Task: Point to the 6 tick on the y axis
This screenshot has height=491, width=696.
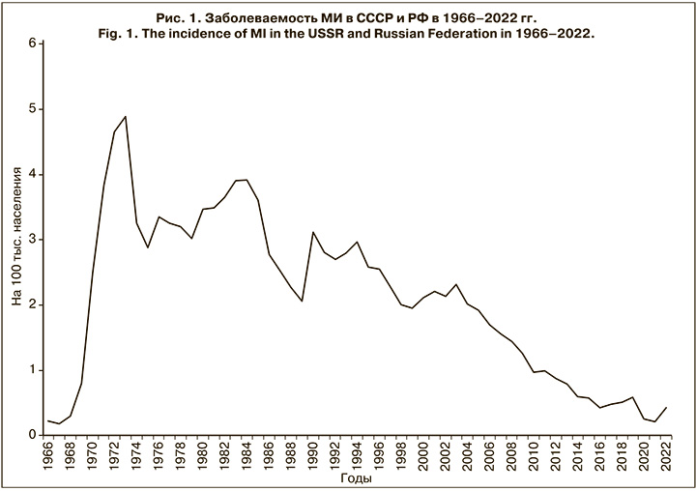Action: [x=32, y=43]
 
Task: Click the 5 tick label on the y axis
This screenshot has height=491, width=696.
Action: [x=32, y=109]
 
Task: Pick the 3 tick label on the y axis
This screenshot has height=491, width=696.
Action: [x=32, y=240]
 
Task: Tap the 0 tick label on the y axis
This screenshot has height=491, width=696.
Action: [x=32, y=436]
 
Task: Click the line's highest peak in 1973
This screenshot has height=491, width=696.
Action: [x=126, y=116]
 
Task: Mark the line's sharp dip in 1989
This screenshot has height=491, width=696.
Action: [x=302, y=301]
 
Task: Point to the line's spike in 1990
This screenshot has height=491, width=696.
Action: [x=312, y=232]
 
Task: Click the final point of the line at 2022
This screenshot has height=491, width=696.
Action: [x=666, y=408]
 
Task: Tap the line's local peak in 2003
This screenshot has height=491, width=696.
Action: [x=456, y=284]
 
